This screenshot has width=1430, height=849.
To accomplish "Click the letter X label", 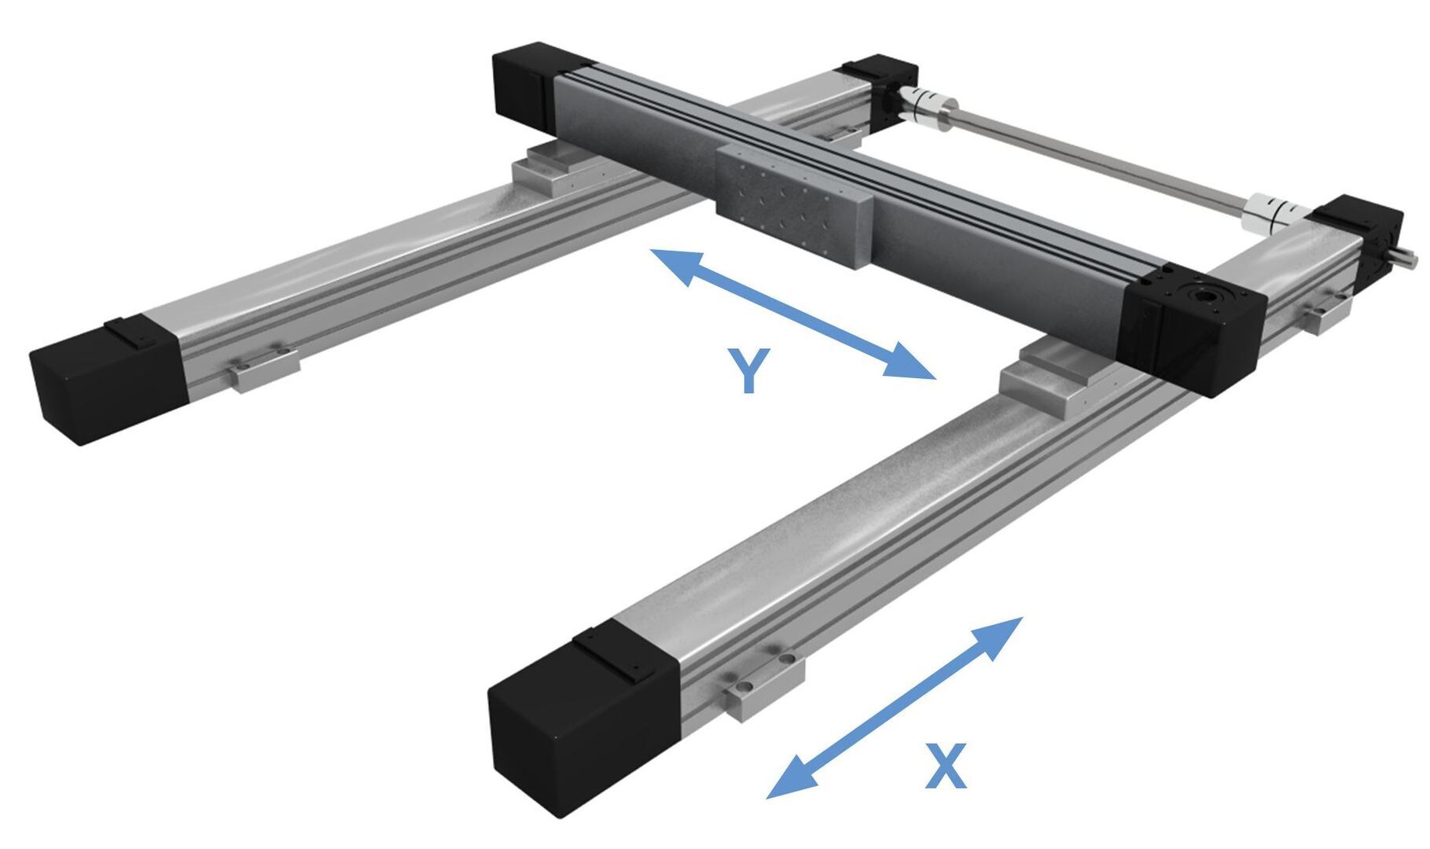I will [945, 766].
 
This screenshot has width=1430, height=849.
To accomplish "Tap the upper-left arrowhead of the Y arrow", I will [675, 264].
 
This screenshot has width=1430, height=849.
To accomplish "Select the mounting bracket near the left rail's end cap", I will [264, 367].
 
